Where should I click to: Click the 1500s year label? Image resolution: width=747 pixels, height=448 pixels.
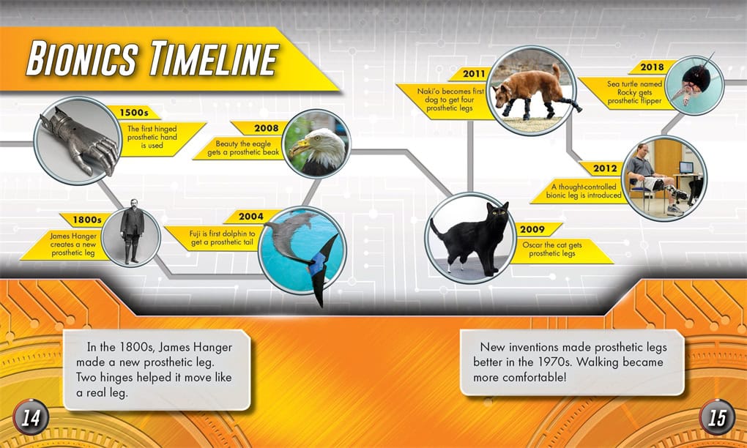click(134, 113)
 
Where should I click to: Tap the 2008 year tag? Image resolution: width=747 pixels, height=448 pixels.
click(267, 128)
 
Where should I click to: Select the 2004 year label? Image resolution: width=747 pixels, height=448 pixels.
click(251, 217)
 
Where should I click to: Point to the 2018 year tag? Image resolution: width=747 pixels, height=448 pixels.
click(653, 67)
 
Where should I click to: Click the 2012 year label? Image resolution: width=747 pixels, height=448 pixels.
click(606, 168)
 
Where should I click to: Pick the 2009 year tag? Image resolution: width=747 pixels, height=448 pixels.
click(532, 229)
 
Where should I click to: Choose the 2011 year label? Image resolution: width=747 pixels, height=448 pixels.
click(474, 74)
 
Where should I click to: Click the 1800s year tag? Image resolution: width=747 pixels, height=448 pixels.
click(87, 220)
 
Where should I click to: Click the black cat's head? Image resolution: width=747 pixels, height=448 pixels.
click(497, 214)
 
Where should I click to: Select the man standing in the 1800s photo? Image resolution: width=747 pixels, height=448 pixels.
click(132, 231)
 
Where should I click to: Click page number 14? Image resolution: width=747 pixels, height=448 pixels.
click(31, 418)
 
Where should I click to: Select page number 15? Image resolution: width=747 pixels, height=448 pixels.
click(717, 417)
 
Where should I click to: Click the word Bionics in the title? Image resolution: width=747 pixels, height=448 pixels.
click(83, 59)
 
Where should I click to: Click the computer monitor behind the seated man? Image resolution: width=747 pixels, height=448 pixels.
click(686, 167)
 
